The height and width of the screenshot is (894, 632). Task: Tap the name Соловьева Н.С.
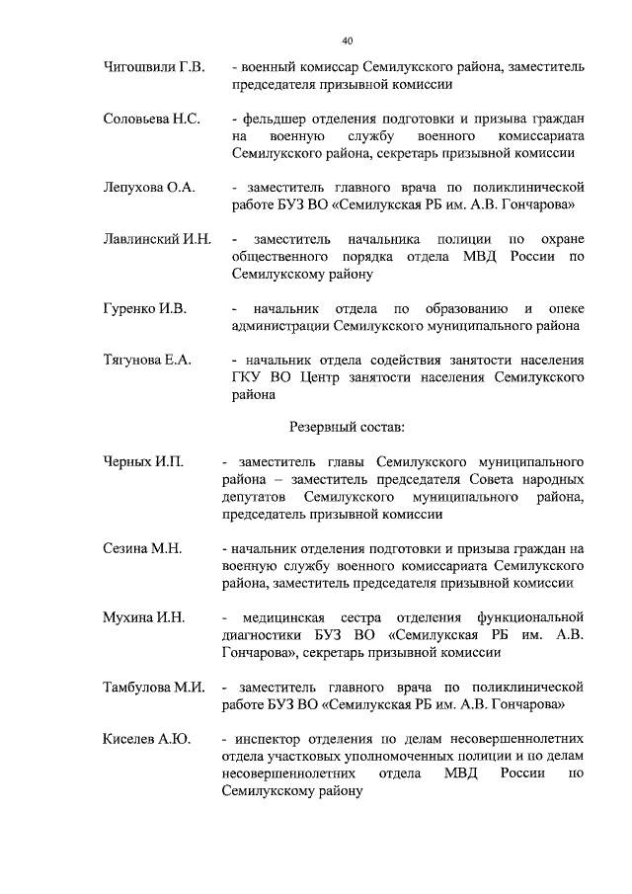pyautogui.click(x=152, y=120)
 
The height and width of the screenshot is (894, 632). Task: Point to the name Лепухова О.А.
pyautogui.click(x=150, y=187)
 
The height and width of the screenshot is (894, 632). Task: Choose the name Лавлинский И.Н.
pyautogui.click(x=157, y=240)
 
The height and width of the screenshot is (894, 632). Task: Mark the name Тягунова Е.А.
pyautogui.click(x=147, y=361)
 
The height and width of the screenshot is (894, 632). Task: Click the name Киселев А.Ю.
pyautogui.click(x=147, y=738)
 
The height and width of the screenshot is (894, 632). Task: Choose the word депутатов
pyautogui.click(x=255, y=497)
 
